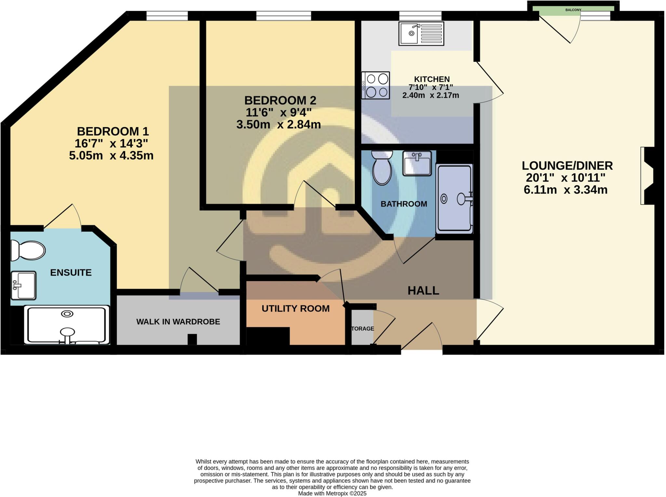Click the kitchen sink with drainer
coord(421,33)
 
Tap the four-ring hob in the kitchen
coord(375,85)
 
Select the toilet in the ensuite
coord(28,250)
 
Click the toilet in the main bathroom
coord(382,168)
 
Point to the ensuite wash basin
coord(23,285)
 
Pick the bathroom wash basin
coord(417,163)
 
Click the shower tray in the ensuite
coord(67,325)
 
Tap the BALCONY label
coord(573,10)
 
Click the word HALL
coord(423,291)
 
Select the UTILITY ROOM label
coord(295,308)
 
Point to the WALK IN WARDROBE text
coord(178,322)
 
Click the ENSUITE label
coord(71,272)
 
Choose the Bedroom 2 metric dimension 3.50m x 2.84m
coord(278,124)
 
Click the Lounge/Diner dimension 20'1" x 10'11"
coord(566,178)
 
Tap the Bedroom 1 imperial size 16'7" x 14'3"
coord(111,143)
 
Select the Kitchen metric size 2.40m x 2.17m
coord(430,96)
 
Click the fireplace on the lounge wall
coord(647,176)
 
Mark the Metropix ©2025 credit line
coord(332,493)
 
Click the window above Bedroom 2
coord(283,16)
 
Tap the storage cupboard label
coord(363,329)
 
